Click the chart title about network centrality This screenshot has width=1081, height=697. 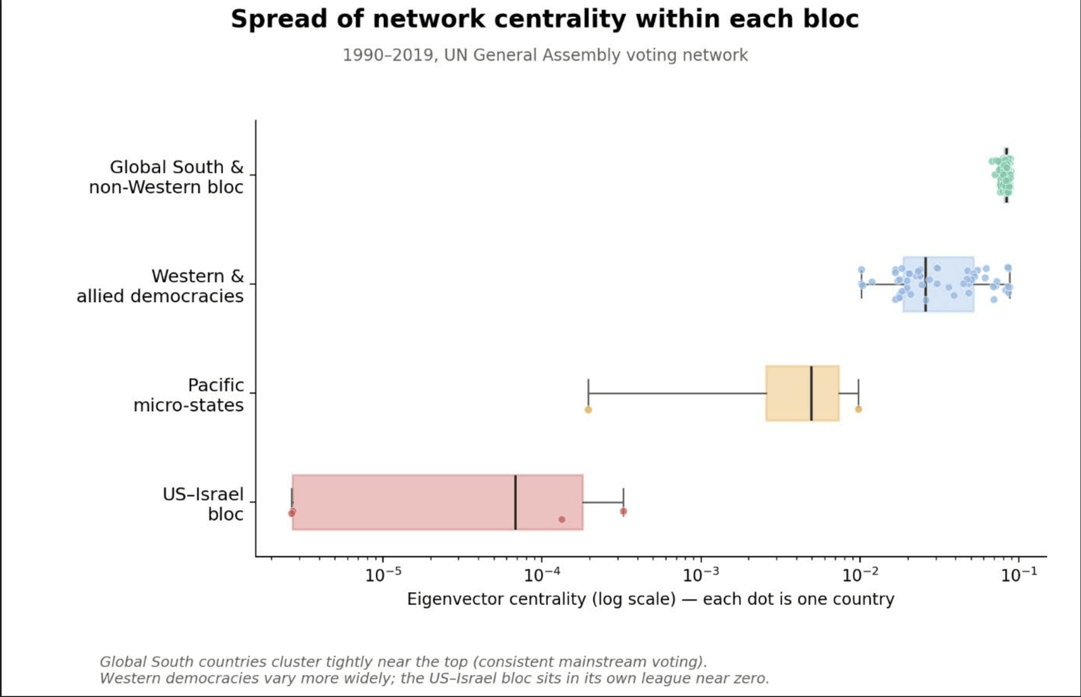click(545, 20)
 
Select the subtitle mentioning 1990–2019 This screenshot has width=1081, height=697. click(545, 55)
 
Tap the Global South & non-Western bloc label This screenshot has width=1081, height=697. click(166, 177)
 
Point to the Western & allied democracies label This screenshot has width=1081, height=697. click(159, 286)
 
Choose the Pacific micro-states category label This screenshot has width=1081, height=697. click(188, 395)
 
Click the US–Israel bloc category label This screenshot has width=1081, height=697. click(203, 504)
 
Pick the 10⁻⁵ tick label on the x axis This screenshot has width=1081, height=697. click(383, 575)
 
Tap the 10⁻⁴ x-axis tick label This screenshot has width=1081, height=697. click(542, 575)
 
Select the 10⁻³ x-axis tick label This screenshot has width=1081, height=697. click(701, 575)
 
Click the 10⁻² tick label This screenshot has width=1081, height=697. click(860, 575)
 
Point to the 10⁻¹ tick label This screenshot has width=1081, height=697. click(1019, 575)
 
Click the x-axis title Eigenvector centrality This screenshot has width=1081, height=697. click(651, 599)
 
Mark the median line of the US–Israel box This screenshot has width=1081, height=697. click(516, 502)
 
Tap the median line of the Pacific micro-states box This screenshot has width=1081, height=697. click(811, 393)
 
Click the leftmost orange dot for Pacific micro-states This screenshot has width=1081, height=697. click(588, 410)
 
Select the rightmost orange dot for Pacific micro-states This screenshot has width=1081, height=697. click(859, 410)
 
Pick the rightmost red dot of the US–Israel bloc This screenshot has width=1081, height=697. click(624, 511)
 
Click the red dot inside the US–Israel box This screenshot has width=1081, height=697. click(561, 519)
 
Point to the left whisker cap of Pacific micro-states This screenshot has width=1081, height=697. click(588, 393)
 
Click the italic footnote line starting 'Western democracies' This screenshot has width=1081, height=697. click(434, 678)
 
